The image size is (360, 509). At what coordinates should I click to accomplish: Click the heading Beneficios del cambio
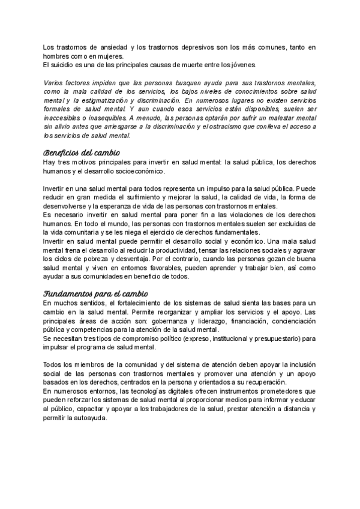tap(82, 152)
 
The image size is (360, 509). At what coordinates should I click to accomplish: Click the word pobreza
tap(104, 260)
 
